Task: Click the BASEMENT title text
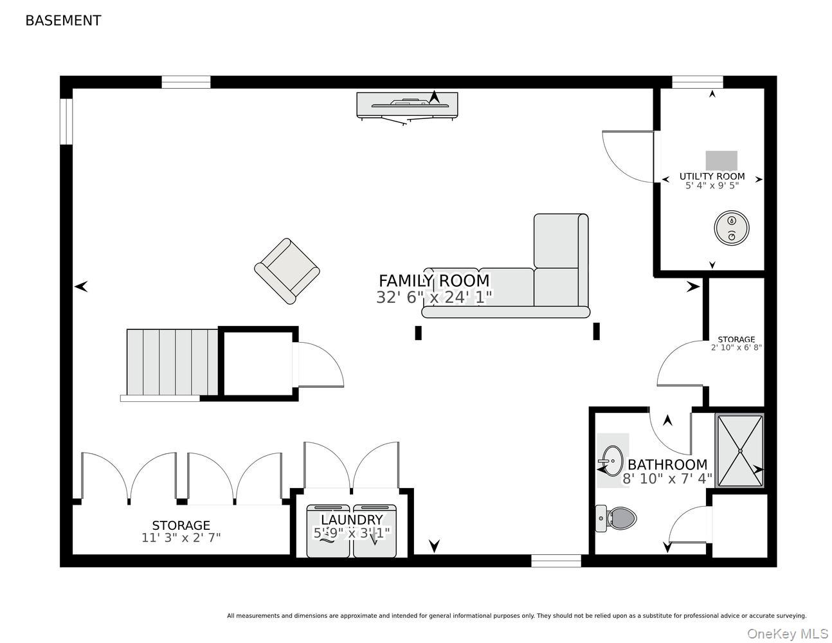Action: (x=63, y=21)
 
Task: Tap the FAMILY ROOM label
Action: (x=434, y=280)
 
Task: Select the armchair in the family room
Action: (x=287, y=271)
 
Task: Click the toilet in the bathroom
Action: (x=616, y=518)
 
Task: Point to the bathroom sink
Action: (x=613, y=460)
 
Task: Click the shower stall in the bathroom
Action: (x=739, y=451)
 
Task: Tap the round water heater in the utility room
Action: (x=731, y=228)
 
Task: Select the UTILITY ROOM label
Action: (x=712, y=176)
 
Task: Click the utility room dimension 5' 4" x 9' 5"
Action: (x=712, y=186)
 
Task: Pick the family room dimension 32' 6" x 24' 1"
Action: (x=434, y=296)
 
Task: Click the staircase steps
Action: (x=172, y=362)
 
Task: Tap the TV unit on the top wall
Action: (x=407, y=105)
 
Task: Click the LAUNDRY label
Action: (x=352, y=520)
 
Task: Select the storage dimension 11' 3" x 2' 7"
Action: (x=181, y=538)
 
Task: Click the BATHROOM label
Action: (x=667, y=465)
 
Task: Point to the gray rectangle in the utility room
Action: (x=721, y=160)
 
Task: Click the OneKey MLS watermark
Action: (x=788, y=633)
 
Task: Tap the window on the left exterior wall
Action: (x=66, y=122)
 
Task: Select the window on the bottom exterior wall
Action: (x=556, y=561)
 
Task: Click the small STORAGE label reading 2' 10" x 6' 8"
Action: (x=736, y=343)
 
